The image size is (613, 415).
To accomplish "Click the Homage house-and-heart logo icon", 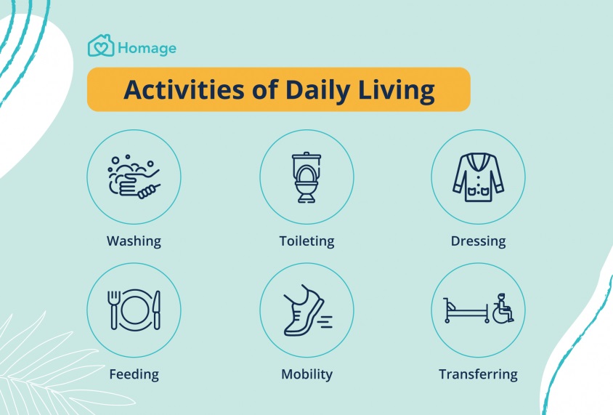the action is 101,46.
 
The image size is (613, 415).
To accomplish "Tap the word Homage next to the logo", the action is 147,48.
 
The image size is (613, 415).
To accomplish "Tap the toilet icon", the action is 306,177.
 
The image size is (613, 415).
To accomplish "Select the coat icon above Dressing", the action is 478,177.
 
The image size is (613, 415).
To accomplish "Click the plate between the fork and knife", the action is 135,310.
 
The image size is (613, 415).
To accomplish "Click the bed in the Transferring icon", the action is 466,310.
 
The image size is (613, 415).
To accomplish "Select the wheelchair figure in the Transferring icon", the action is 503,308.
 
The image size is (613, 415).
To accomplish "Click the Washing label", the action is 134,241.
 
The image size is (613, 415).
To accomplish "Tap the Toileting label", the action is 307,241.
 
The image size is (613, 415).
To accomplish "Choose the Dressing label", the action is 478,241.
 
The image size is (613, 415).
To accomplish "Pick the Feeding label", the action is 134,374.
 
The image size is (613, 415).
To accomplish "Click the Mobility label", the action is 307,374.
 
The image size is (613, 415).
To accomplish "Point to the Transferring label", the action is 478,374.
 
